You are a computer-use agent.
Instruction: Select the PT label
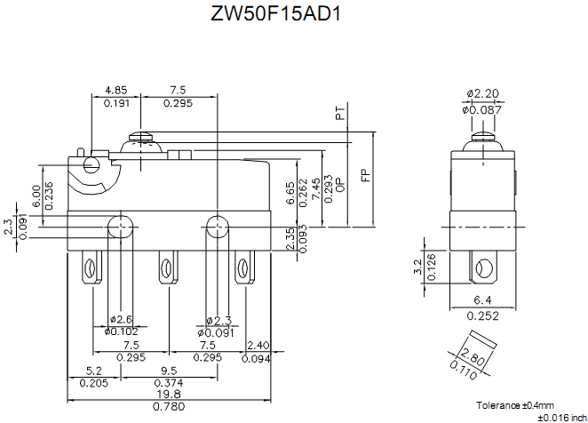[339, 114]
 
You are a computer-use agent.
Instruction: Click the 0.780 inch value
[170, 407]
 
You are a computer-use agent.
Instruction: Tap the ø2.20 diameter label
[483, 94]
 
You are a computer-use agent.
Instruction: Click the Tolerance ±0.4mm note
[514, 404]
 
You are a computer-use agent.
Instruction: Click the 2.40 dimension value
[258, 345]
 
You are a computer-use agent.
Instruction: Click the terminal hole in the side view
[484, 267]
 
